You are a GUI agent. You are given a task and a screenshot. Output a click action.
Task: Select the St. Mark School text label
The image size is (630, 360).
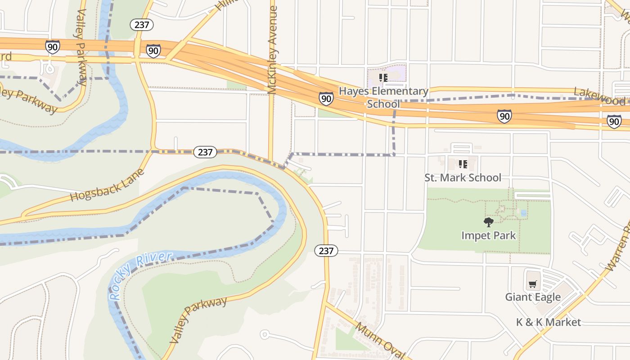click(x=463, y=178)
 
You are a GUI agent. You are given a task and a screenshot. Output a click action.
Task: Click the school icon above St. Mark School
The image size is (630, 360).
click(x=463, y=164)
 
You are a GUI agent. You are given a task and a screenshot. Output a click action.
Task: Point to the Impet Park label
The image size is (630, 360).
click(x=488, y=235)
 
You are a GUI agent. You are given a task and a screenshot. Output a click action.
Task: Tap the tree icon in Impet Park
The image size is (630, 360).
click(x=488, y=222)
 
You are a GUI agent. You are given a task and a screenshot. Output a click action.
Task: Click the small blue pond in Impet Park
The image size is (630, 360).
click(x=522, y=212)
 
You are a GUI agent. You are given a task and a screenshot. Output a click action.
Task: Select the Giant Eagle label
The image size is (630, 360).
click(x=533, y=297)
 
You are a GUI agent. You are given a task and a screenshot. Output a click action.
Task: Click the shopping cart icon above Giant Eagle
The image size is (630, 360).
click(x=533, y=284)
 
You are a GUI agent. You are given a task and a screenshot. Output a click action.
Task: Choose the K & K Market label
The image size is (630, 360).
click(x=548, y=322)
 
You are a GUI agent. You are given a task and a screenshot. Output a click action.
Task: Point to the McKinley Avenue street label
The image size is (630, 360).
click(x=272, y=49)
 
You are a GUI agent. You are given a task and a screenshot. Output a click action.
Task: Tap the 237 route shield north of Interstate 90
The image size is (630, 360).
click(x=142, y=25)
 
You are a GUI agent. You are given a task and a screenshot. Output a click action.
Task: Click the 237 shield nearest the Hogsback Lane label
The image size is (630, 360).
click(x=205, y=152)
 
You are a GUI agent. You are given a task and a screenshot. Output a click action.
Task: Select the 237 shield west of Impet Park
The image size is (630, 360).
click(x=326, y=251)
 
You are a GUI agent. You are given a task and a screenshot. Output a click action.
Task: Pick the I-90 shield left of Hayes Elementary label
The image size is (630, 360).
click(x=327, y=99)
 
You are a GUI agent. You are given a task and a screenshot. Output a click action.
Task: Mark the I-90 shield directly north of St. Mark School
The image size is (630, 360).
click(x=504, y=116)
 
